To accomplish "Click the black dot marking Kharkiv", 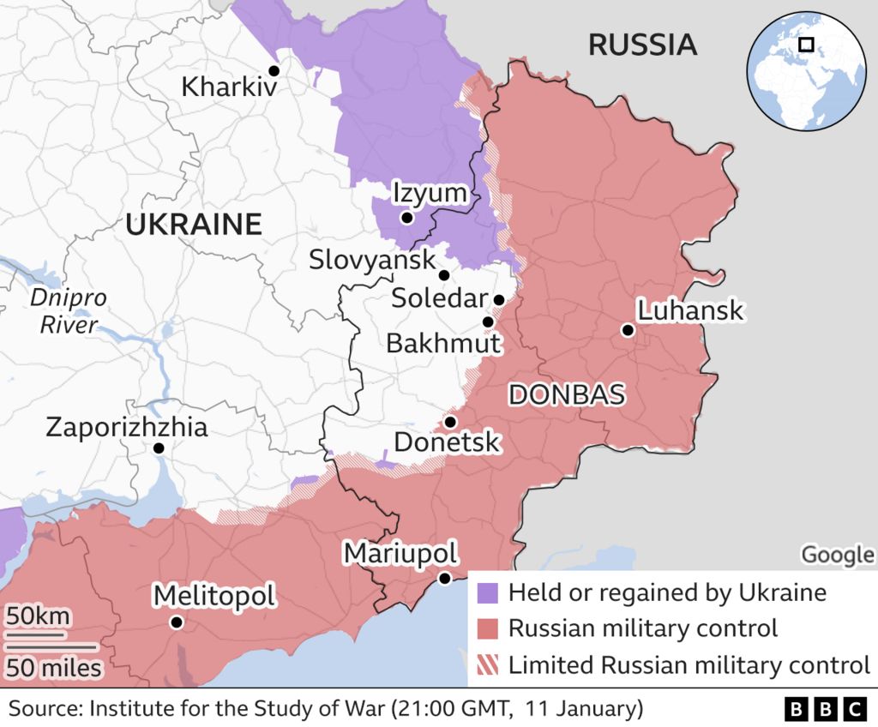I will tap(274, 70).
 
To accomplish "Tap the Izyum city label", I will tap(430, 194).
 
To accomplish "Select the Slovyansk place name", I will tap(373, 259).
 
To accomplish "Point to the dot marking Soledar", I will tap(498, 299).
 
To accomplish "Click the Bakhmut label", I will tap(442, 344).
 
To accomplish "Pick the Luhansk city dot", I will tap(628, 330).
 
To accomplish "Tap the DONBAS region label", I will tap(566, 394).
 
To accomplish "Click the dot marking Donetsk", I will tap(450, 422).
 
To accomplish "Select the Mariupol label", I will tap(400, 553).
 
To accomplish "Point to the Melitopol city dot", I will tap(176, 622).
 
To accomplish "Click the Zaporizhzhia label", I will tap(126, 426).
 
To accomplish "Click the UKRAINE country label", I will tap(193, 225).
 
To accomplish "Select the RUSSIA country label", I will tap(641, 45).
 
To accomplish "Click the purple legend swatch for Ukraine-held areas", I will tap(487, 592).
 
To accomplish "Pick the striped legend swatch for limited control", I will tap(487, 664).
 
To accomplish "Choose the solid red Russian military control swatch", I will tap(487, 628).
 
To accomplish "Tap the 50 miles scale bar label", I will tap(55, 666).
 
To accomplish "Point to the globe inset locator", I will tap(805, 71).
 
